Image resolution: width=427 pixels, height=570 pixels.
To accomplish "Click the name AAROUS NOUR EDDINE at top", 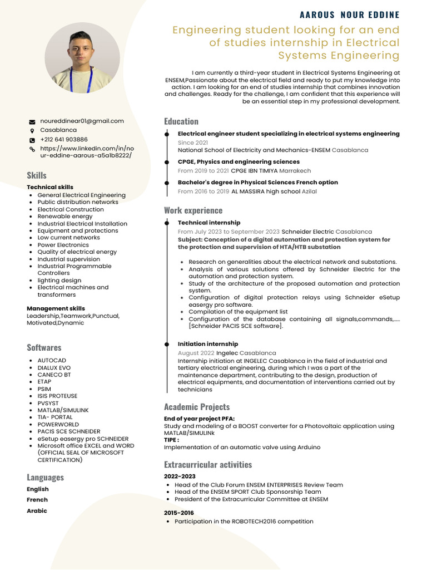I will point(349,15).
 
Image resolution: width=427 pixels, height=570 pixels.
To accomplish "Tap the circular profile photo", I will point(82,57).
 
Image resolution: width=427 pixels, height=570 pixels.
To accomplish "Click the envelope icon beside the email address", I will point(32,121).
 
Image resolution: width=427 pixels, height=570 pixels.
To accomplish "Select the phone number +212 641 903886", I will point(64,140).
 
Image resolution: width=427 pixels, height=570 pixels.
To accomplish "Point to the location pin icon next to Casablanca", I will point(32,131).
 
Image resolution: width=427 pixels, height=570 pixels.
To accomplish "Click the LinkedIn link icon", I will point(32,150).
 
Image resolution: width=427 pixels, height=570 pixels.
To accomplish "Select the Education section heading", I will point(181,121).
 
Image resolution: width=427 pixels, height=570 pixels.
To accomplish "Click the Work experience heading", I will point(193,210).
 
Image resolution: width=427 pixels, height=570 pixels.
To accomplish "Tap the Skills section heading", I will point(37,175).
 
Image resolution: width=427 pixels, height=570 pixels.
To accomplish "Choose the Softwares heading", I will point(44,347).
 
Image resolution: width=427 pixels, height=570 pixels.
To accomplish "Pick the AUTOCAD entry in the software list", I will point(52,361).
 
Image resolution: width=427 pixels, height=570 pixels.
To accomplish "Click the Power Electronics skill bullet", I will point(63,245).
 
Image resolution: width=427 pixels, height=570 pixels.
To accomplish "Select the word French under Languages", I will point(37,500).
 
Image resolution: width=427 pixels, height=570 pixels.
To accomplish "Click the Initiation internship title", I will point(207,344).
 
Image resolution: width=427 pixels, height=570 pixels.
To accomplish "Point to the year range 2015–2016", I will point(179,513).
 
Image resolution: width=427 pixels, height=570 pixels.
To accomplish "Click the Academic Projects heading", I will point(196,407).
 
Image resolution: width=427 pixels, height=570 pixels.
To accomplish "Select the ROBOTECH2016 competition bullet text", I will point(244,522).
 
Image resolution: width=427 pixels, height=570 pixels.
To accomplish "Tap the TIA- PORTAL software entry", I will point(55,417).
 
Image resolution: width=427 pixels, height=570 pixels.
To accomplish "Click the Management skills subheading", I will point(56,308).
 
